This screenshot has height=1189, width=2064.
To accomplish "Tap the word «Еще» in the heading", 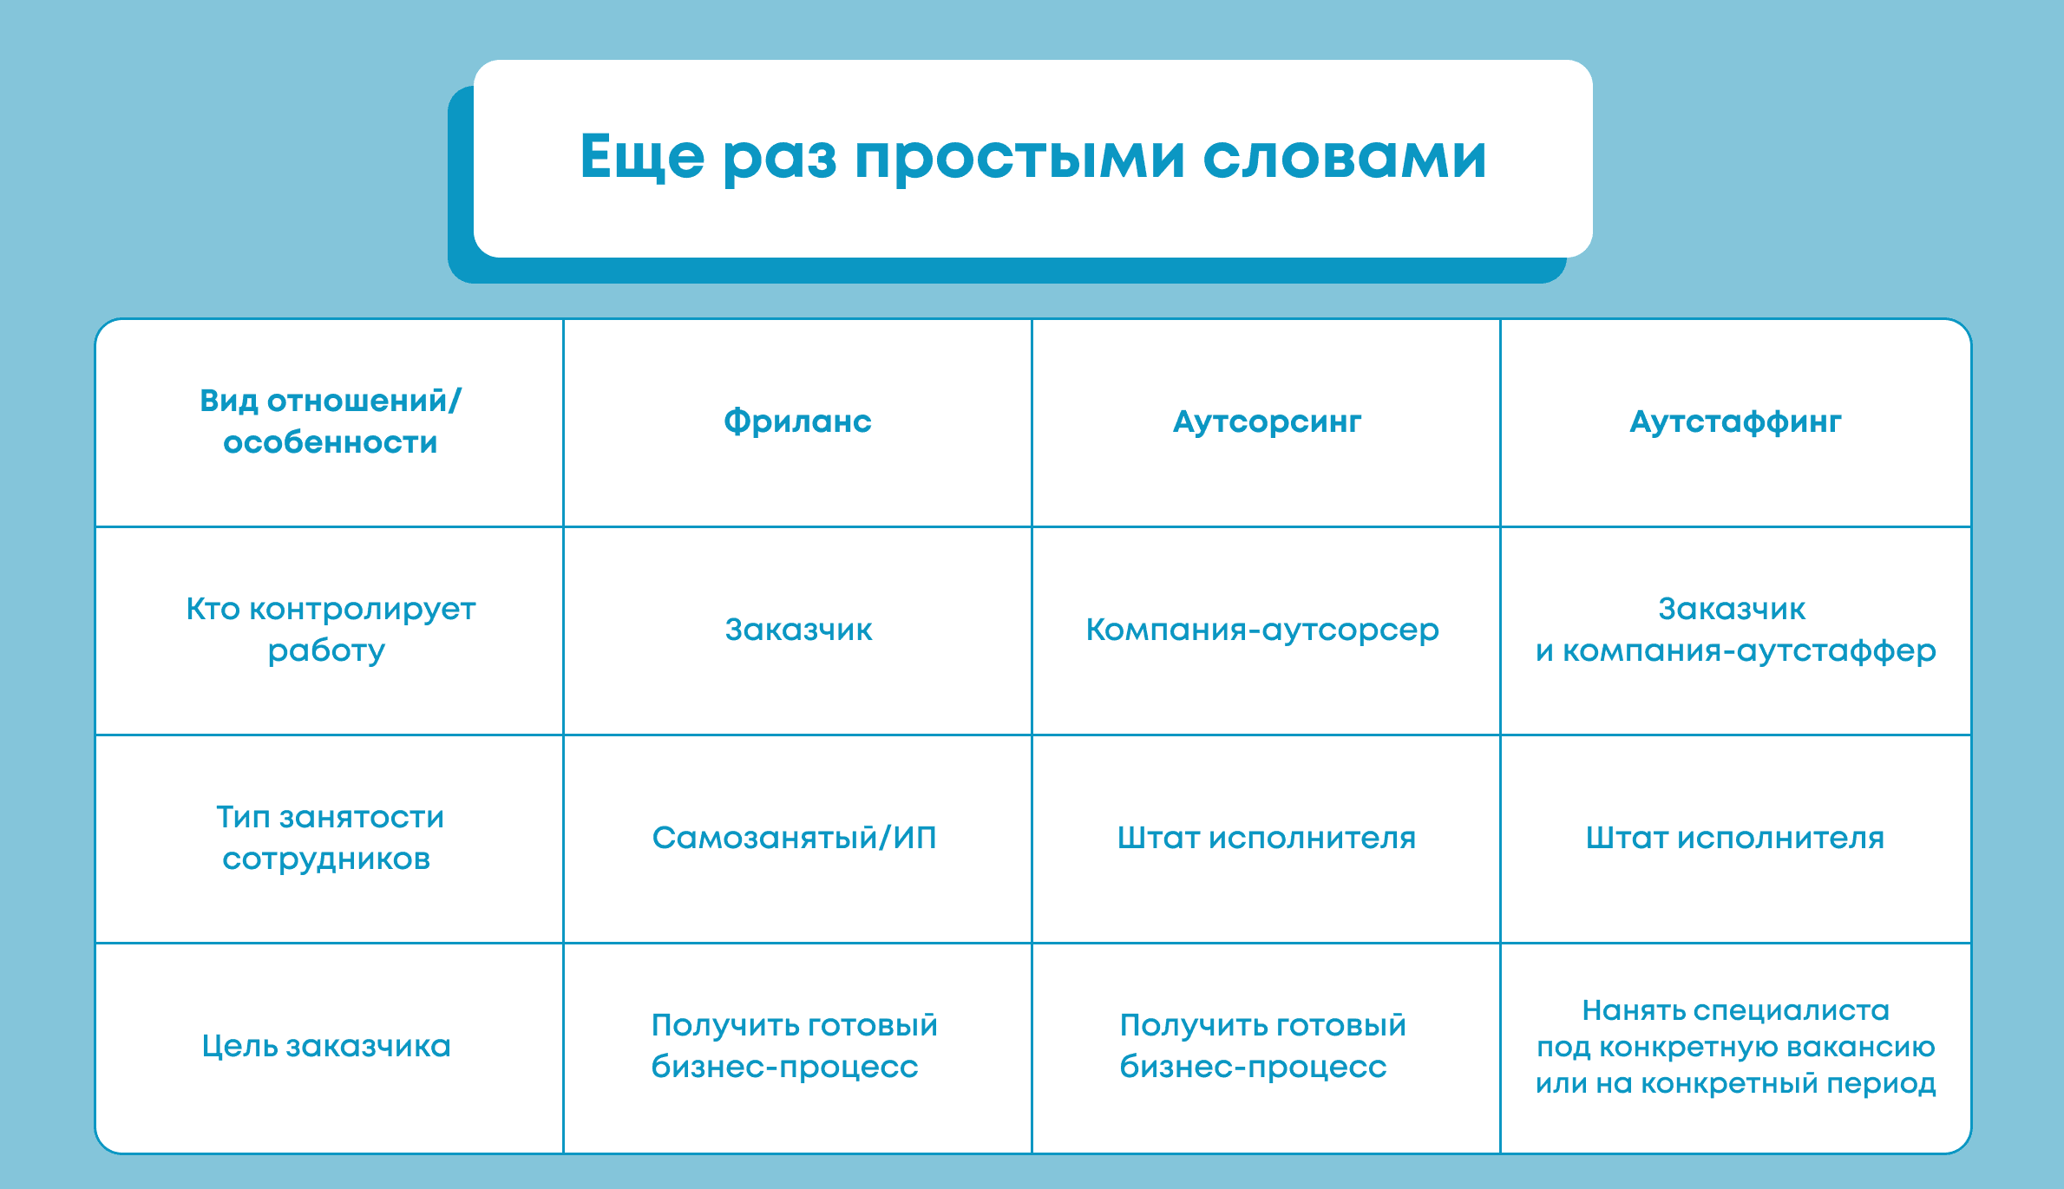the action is pos(642,156).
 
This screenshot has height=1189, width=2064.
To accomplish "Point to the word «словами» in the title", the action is pos(1345,158).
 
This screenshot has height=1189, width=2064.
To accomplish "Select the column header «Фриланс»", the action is pos(797,421).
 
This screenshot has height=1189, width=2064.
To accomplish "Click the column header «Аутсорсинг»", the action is pos(1267,422).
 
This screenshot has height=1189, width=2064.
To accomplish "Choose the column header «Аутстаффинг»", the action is pos(1735,421).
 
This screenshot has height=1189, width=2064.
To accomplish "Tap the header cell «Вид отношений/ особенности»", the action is pos(330,421).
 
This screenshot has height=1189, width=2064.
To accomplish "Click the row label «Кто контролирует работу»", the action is pos(330,630).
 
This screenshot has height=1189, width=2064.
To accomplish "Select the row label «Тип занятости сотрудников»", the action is pos(330,838).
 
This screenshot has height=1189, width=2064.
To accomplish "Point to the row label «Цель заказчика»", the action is pos(326,1046).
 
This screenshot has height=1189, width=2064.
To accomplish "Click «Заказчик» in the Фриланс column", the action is pos(798,630).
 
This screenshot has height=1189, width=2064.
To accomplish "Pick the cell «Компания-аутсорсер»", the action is pos(1262,630).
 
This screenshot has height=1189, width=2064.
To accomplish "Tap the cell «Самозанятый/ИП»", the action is pos(794,838).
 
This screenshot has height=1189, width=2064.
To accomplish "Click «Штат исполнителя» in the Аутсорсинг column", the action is pos(1267,838).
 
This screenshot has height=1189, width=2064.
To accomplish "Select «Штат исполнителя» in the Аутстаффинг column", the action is pos(1735,838).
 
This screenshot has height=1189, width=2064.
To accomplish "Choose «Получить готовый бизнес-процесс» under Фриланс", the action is pos(794,1046).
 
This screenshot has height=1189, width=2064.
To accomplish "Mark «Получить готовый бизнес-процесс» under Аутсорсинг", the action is pos(1262,1046).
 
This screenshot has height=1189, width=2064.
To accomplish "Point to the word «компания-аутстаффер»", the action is pos(1749,651).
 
